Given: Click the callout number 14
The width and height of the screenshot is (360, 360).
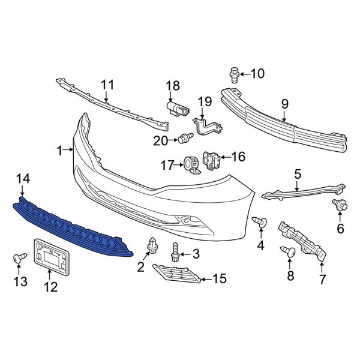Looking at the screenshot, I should tap(22, 178).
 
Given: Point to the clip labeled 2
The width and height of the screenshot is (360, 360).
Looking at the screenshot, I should tap(151, 245).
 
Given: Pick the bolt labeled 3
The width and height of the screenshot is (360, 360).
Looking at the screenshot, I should tap(176, 251).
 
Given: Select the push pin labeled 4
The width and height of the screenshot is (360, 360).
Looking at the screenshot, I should tap(260, 224).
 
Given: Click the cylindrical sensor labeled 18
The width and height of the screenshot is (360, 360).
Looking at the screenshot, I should tap(176, 108).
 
